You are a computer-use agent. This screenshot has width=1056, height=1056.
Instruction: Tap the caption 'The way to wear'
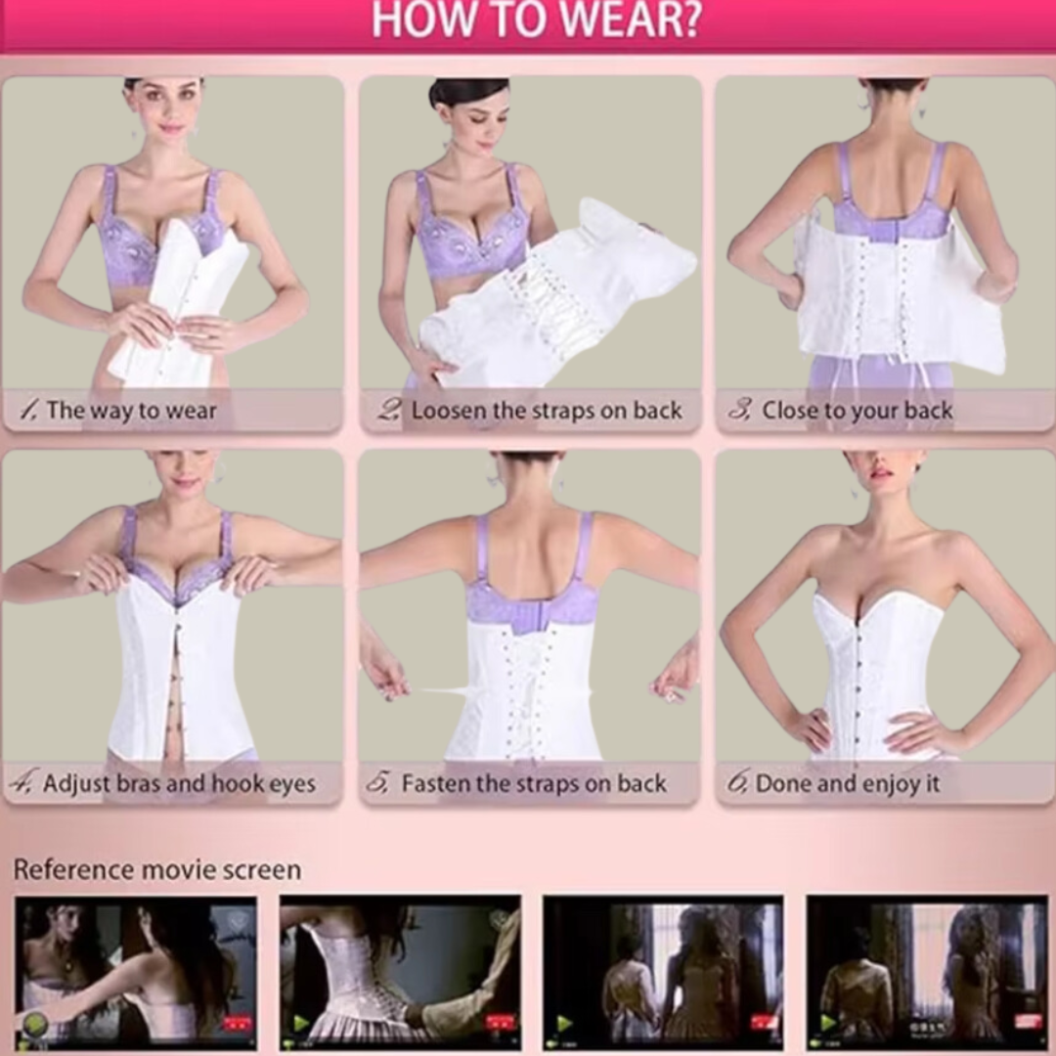click(x=131, y=410)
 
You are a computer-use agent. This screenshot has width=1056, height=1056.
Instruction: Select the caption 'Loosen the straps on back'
click(x=547, y=410)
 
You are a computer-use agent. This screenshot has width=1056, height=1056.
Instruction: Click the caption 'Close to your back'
click(x=857, y=410)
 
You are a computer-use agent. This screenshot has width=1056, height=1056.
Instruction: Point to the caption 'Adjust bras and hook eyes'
click(x=179, y=783)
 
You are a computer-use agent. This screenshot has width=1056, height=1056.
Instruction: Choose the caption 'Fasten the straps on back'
click(x=534, y=783)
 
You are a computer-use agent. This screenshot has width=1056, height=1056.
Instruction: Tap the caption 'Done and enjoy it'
click(x=847, y=783)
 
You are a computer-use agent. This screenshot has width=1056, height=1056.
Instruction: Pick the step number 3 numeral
click(x=739, y=409)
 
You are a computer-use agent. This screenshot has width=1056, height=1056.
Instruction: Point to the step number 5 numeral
click(x=377, y=782)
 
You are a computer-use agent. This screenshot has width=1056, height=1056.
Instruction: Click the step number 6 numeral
click(x=737, y=782)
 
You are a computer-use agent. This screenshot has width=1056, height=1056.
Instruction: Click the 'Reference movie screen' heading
click(x=156, y=869)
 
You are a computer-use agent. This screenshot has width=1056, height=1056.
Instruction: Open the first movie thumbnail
click(x=135, y=973)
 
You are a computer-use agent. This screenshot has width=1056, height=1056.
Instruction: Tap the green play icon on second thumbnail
click(x=300, y=1024)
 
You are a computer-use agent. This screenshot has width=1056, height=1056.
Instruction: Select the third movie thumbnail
click(x=663, y=973)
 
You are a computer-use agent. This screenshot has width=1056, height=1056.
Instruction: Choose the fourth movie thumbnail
click(x=927, y=973)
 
